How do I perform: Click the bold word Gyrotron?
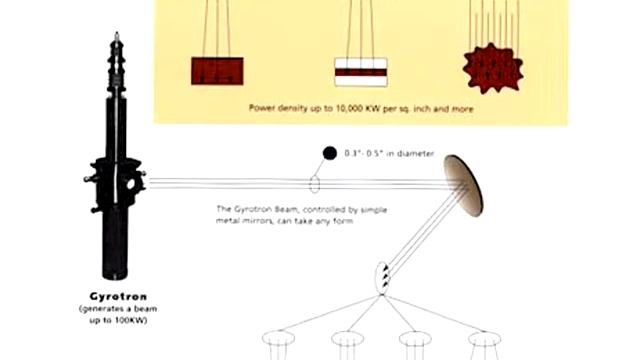[118, 296]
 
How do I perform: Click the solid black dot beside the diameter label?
[330, 153]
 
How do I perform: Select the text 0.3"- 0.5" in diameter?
[389, 153]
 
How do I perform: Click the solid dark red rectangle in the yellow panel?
[217, 71]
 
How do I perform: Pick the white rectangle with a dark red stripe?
[361, 72]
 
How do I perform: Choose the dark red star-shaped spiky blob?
[493, 69]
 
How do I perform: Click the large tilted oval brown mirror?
[464, 186]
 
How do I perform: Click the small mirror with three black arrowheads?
[382, 278]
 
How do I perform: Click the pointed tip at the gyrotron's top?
[117, 33]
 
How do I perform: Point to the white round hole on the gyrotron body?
[131, 184]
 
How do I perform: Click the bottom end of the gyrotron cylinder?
[115, 277]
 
